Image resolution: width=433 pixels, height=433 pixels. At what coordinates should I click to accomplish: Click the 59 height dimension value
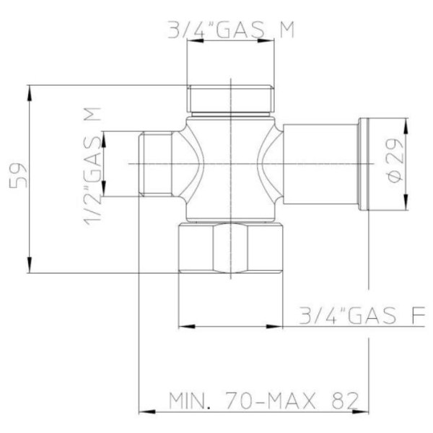[18, 175]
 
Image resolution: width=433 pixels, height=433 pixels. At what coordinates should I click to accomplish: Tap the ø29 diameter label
[395, 160]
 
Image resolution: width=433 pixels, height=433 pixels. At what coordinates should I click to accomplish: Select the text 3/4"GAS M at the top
[231, 30]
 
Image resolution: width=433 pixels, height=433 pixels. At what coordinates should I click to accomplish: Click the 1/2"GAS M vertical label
[92, 166]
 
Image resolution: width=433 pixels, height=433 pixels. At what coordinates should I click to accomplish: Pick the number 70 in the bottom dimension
[238, 401]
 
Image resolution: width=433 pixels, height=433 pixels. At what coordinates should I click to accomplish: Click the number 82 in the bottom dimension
[345, 401]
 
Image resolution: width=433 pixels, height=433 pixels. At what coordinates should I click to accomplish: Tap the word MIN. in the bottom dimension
[189, 401]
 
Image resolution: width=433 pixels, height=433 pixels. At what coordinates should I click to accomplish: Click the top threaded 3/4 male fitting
[231, 99]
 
